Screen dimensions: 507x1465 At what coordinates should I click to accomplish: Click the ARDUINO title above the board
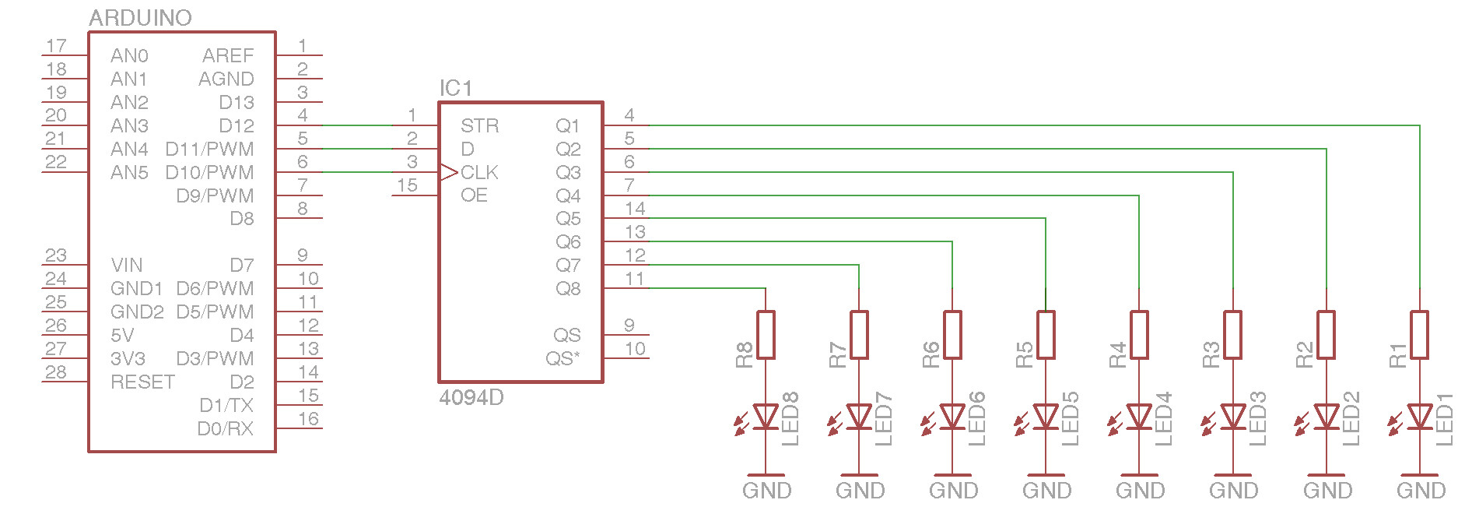click(140, 18)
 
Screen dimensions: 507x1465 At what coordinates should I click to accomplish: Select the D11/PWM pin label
click(209, 149)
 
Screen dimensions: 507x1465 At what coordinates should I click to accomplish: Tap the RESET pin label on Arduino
click(142, 382)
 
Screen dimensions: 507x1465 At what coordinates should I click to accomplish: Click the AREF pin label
click(228, 56)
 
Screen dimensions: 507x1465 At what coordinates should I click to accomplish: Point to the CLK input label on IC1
click(479, 172)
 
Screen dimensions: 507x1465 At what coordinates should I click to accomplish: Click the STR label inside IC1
click(479, 126)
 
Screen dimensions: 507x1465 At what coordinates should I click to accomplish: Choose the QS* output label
click(563, 359)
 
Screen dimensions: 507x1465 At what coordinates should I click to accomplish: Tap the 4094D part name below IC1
click(471, 398)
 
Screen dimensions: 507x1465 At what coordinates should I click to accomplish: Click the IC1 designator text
click(455, 89)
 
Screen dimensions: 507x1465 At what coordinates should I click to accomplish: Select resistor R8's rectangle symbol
click(766, 335)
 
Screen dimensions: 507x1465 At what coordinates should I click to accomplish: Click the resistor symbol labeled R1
click(1419, 335)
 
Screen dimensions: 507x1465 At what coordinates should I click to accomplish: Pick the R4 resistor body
click(1139, 335)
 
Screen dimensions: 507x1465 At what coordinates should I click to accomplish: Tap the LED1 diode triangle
click(1419, 417)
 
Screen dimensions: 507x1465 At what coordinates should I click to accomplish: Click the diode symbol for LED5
click(1046, 417)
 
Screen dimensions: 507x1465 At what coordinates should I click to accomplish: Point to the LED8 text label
click(790, 419)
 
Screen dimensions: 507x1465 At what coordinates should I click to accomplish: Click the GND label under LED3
click(1233, 491)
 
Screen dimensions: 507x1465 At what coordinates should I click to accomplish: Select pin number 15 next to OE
click(407, 185)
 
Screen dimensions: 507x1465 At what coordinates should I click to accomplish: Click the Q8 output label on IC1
click(568, 289)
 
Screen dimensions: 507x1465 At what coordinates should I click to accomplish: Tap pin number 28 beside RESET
click(56, 372)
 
